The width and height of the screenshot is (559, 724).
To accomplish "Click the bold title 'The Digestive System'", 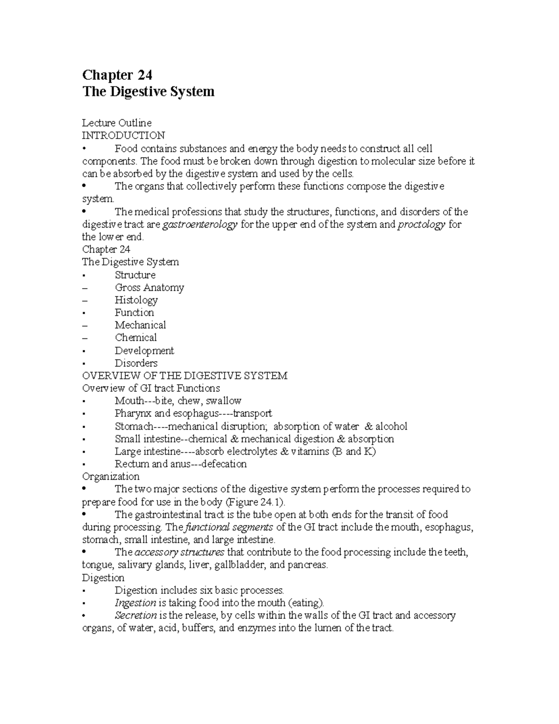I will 148,91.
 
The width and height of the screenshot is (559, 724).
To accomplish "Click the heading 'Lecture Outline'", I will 116,123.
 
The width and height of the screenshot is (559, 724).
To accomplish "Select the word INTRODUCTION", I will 123,136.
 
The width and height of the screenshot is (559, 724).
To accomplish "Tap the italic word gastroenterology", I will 200,224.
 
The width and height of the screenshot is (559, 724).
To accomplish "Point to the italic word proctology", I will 421,224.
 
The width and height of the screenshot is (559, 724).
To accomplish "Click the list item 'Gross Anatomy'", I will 149,288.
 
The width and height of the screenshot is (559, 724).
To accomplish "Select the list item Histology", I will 136,300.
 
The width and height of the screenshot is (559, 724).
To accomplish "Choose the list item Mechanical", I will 140,325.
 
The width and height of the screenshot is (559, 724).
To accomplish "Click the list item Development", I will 144,351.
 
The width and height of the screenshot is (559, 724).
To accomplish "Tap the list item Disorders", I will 136,363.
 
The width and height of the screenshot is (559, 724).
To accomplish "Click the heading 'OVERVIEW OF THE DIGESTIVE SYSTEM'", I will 184,376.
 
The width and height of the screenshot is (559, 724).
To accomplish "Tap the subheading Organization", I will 110,476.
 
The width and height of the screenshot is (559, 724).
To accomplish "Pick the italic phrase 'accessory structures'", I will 179,552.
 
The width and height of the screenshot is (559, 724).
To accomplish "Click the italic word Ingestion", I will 135,603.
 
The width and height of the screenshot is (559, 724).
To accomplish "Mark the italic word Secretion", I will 136,615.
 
